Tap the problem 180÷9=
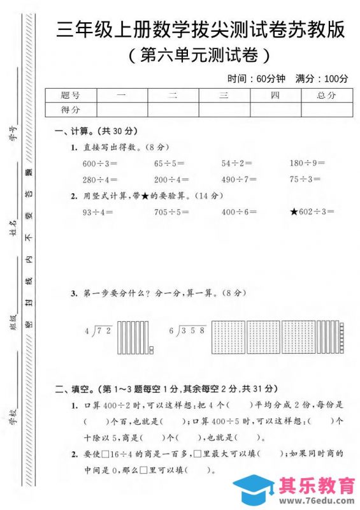[x=307, y=163]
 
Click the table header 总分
[x=326, y=95]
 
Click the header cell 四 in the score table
[x=275, y=95]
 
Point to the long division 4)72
[x=98, y=331]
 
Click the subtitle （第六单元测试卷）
[x=199, y=55]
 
